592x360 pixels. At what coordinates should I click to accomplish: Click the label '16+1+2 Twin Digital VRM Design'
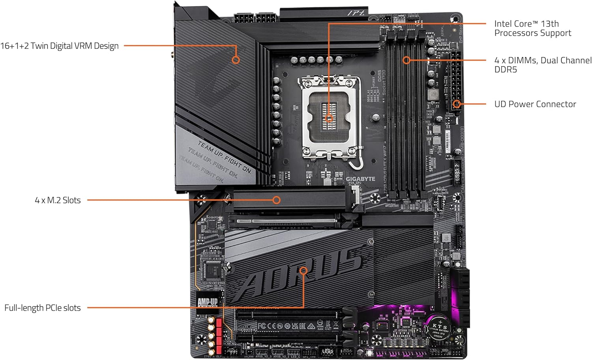59,46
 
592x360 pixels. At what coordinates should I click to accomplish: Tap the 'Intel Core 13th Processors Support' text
532,28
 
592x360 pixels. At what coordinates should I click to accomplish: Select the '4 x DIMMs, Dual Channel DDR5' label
543,65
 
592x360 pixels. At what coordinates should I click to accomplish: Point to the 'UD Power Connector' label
535,104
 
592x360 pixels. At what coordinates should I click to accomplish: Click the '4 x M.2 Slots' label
58,200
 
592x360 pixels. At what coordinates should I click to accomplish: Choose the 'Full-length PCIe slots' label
43,308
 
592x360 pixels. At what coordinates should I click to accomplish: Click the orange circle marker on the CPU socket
329,118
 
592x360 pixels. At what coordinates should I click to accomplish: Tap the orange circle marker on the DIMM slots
407,60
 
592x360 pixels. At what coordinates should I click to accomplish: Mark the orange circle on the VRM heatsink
236,60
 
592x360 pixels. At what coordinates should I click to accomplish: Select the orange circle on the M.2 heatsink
277,200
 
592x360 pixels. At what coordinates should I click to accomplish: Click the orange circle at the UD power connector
457,104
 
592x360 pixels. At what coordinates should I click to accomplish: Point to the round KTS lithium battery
439,326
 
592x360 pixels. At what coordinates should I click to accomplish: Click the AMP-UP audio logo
207,302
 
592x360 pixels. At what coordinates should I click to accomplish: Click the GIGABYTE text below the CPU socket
360,179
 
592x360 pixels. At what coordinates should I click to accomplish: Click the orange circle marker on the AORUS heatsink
303,271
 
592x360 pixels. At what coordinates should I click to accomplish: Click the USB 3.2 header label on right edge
457,172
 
